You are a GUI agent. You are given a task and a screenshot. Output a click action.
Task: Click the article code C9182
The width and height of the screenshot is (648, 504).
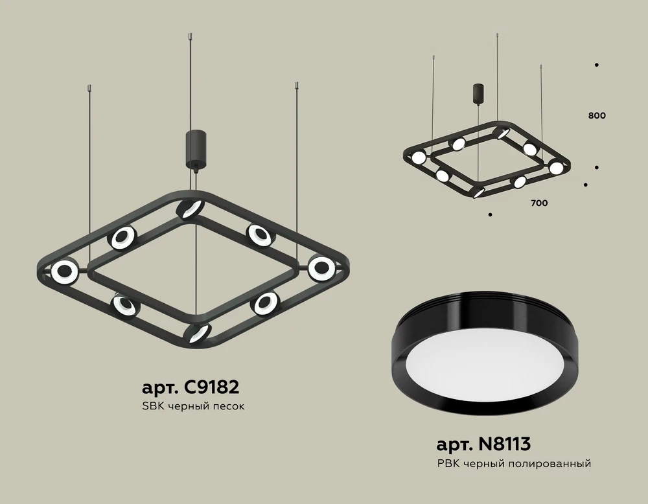coord(191,387)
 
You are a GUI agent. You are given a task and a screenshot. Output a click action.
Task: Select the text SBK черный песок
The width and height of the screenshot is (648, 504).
coord(193,407)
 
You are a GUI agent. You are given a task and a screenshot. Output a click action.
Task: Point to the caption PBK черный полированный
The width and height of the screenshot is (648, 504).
coord(515,463)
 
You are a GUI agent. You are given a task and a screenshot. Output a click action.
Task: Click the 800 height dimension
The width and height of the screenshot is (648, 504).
coord(597,116)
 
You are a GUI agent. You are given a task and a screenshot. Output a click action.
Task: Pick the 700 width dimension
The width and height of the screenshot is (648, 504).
coord(539,203)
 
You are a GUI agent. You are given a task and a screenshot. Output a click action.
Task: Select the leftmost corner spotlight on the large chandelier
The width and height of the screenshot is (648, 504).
coord(65,272)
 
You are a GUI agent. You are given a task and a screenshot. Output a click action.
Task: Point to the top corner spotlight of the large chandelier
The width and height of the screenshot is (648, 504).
coord(190,209)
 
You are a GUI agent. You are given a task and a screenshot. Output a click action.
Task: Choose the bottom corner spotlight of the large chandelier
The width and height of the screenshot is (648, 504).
coord(198,333)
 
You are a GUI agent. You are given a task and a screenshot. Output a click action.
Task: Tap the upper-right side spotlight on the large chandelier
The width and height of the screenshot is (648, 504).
coord(258,235)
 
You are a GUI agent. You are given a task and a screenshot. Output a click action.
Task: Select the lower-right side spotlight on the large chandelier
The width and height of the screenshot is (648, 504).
coord(264,302)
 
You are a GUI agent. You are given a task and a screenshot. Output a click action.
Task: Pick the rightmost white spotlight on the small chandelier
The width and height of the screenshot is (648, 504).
coord(556,168)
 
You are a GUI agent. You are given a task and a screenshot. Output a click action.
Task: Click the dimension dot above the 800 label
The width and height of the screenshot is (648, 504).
coord(596,65)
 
